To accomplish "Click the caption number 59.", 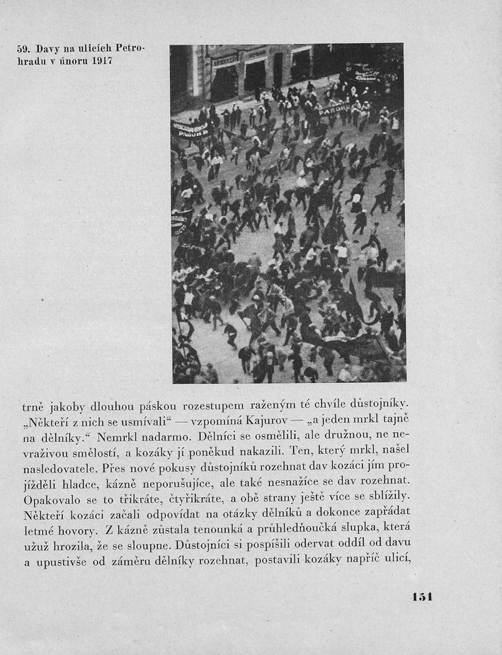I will tap(23, 49).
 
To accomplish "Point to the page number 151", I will tap(422, 596).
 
